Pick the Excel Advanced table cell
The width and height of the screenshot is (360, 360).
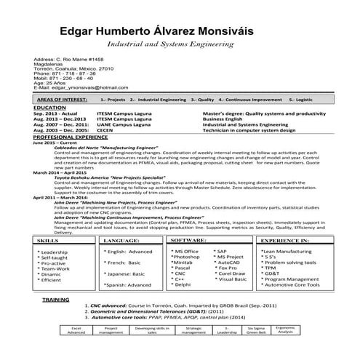click(x=76, y=331)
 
